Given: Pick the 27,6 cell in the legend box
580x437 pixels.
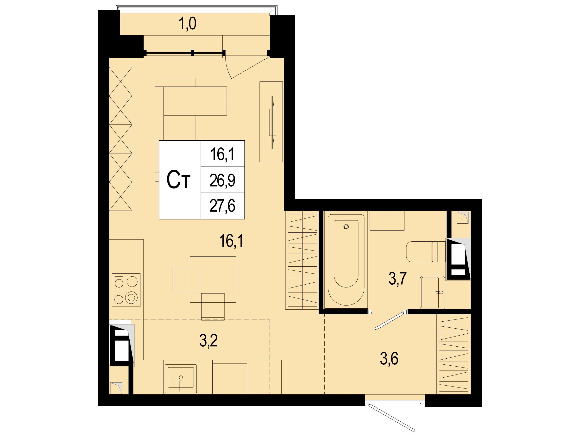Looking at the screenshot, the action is [x=223, y=206].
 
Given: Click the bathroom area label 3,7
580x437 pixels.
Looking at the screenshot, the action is [x=397, y=278].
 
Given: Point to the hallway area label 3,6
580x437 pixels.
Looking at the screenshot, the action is [x=389, y=359].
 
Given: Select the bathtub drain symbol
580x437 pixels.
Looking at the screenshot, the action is [x=346, y=226].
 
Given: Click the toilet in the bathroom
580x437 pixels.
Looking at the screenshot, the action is [x=426, y=252].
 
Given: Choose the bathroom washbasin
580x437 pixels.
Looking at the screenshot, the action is [x=433, y=292].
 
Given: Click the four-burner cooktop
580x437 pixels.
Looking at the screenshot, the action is [x=126, y=290].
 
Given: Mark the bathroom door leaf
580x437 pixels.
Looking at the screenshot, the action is [x=390, y=321].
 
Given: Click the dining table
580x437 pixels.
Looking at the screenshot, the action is [x=213, y=280].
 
